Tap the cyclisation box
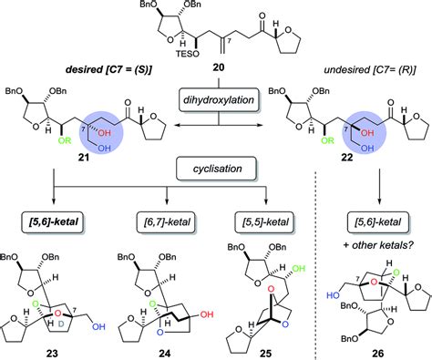(216, 170)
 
